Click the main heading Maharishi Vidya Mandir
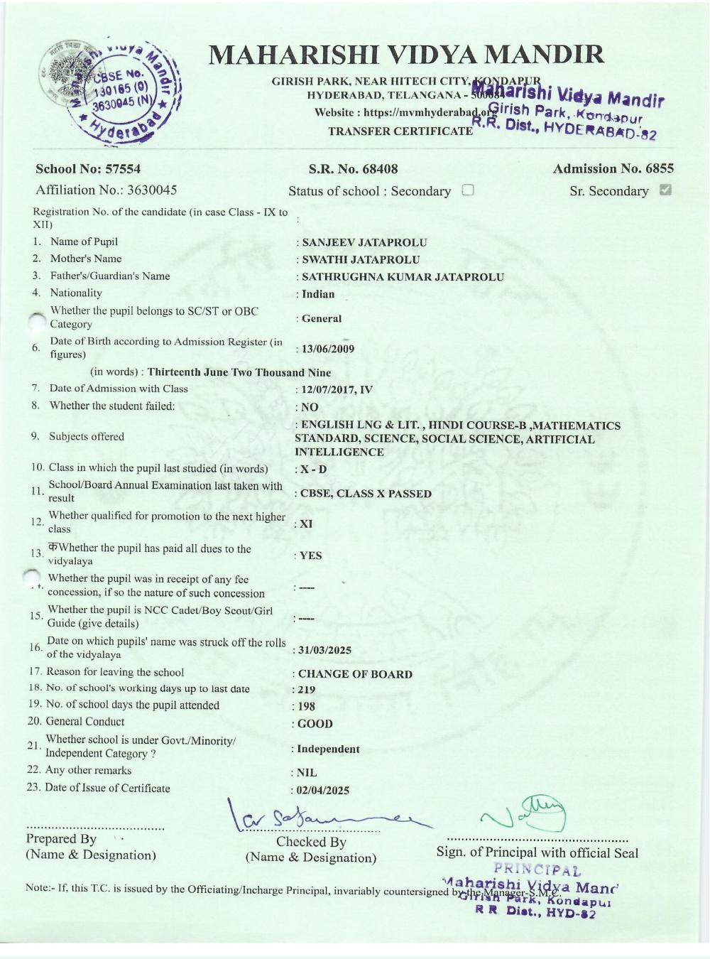pos(406,55)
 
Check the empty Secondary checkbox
pos(468,190)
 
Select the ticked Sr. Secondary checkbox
pos(665,190)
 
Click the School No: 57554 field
pos(88,169)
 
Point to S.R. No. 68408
pos(353,169)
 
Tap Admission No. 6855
pos(613,169)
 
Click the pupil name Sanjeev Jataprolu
pos(364,242)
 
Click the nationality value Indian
pos(317,294)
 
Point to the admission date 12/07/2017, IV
pos(337,389)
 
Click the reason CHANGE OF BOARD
pos(355,674)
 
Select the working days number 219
pos(306,690)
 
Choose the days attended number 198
pos(306,706)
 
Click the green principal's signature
pos(525,813)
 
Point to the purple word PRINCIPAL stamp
pos(537,869)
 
